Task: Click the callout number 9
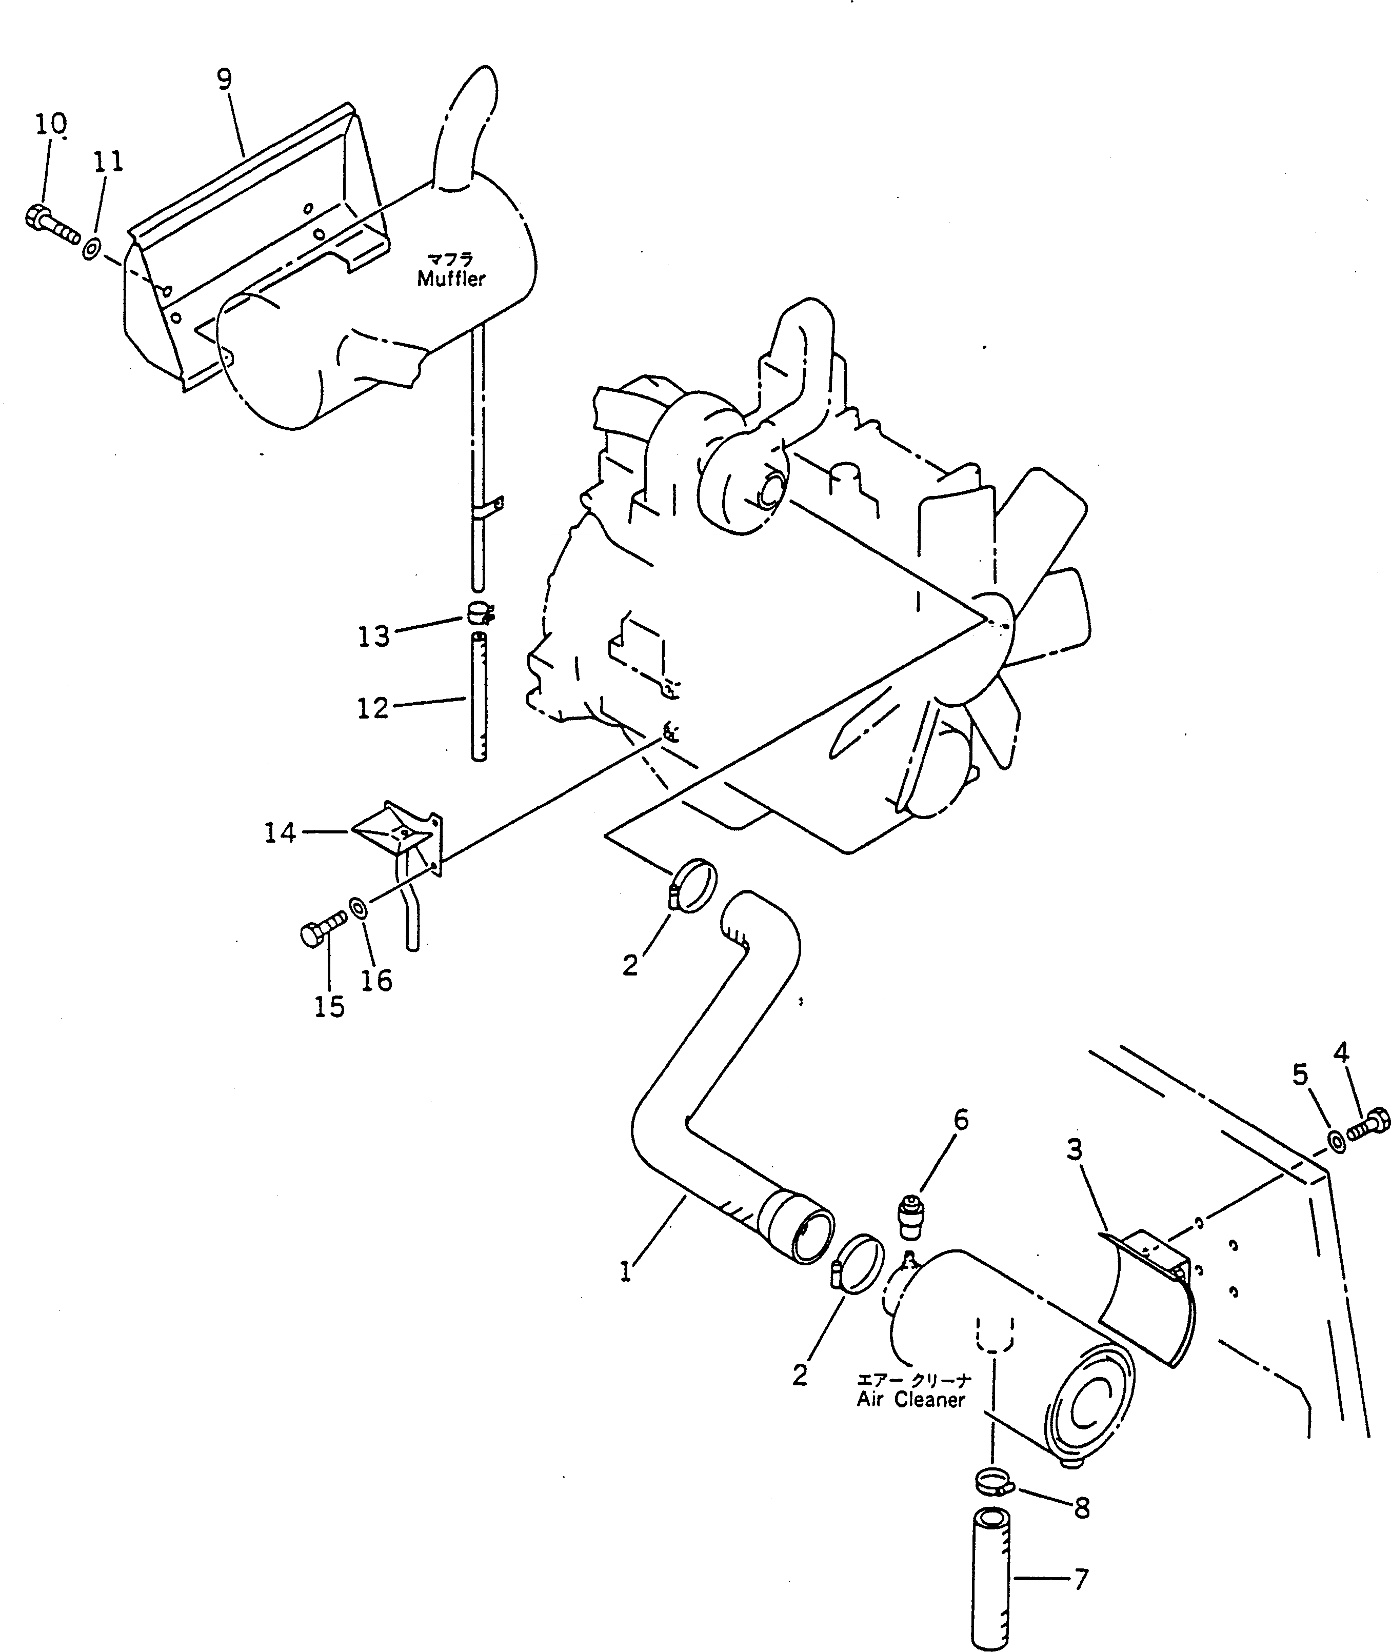[x=224, y=79]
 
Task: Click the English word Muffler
[x=451, y=278]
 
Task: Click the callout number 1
[x=625, y=1271]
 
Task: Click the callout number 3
[x=1075, y=1150]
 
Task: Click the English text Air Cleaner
[x=911, y=1401]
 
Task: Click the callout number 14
[x=281, y=832]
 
